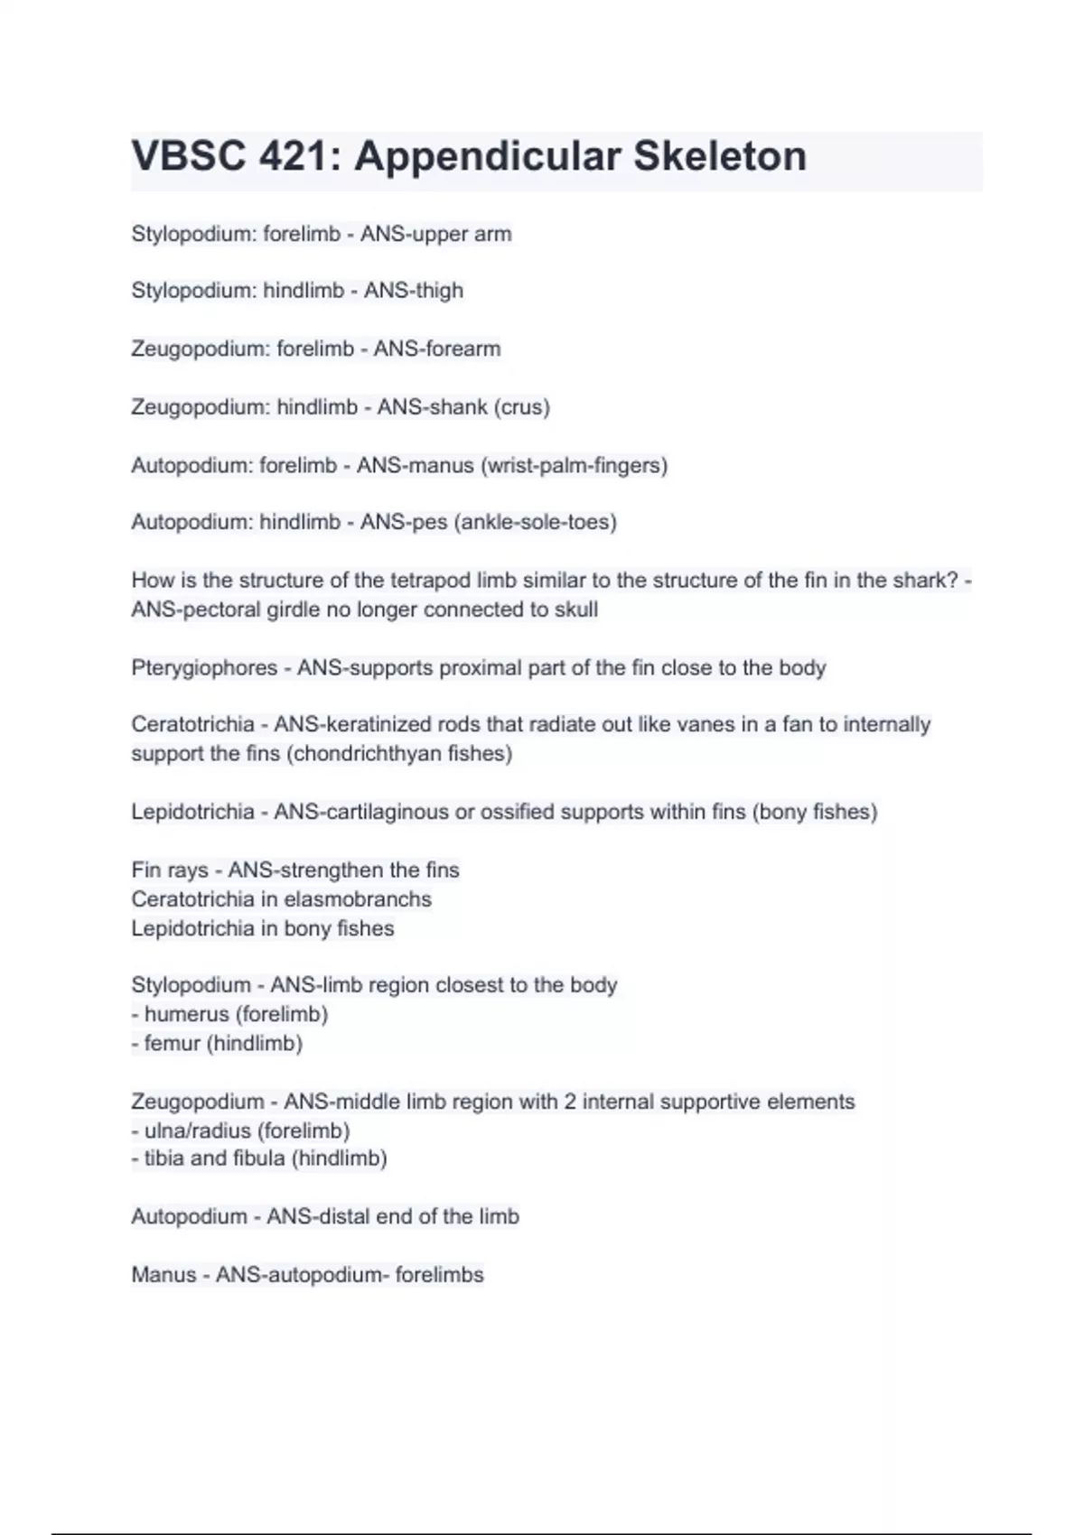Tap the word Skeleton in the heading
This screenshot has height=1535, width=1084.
719,156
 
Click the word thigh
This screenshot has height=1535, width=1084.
439,291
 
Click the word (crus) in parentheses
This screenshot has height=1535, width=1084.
521,407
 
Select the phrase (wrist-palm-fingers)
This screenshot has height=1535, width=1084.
575,466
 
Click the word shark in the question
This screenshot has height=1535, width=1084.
911,580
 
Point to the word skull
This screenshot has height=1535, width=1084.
575,609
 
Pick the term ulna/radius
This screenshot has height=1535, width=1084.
197,1130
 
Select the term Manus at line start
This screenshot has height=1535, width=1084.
164,1275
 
